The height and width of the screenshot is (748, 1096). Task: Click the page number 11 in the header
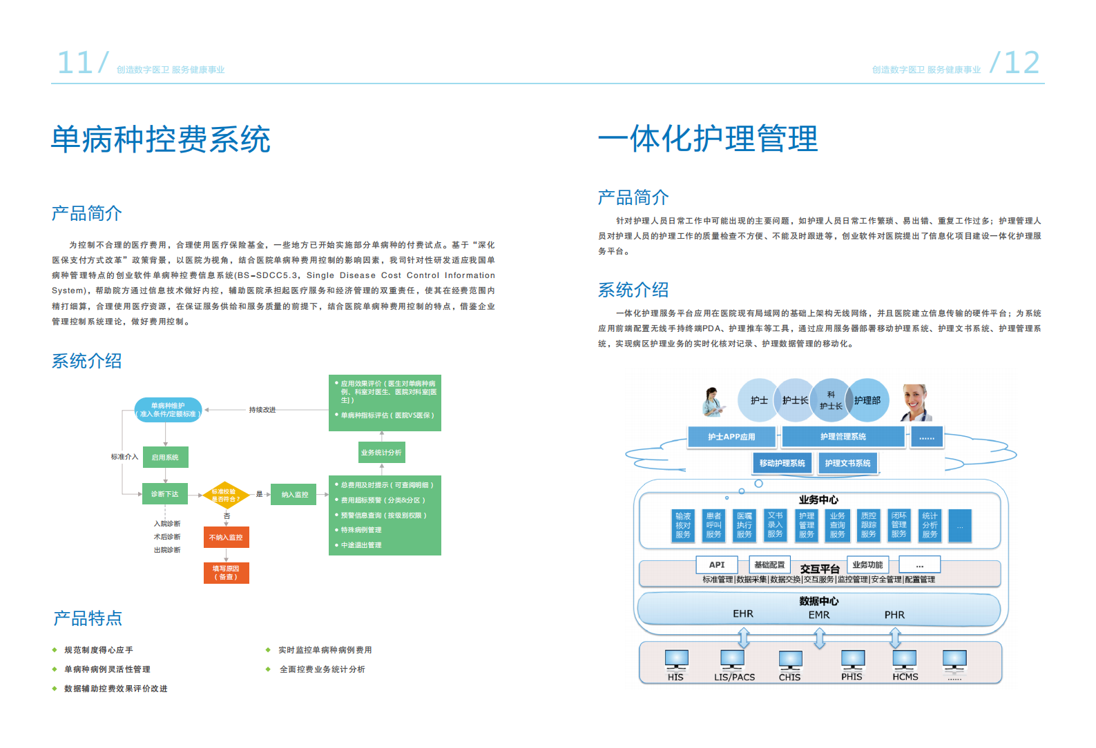tap(75, 63)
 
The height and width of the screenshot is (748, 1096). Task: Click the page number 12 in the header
tap(1021, 63)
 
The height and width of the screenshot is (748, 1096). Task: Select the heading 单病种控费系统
tap(161, 139)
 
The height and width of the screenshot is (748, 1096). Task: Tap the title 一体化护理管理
tap(708, 139)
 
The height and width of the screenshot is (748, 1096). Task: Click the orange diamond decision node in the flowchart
tap(225, 495)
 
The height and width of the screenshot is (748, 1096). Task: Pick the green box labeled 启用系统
tap(165, 457)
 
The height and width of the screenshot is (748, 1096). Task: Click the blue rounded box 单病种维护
tap(168, 410)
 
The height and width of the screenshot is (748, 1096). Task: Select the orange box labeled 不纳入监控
tap(226, 537)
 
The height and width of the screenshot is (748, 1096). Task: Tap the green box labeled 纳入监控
tap(295, 494)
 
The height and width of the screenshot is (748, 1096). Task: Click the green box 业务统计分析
tap(381, 453)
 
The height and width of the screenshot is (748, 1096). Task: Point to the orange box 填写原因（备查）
tap(226, 573)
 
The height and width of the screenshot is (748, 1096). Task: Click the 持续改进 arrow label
tap(262, 410)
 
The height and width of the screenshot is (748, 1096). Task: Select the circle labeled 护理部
tap(867, 400)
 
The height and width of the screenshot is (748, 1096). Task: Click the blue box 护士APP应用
tap(731, 437)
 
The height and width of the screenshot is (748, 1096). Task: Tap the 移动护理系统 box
tap(782, 463)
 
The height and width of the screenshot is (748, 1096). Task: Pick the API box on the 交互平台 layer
tap(717, 564)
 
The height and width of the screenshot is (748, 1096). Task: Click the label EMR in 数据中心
tap(819, 614)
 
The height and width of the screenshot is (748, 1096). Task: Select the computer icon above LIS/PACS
tap(732, 660)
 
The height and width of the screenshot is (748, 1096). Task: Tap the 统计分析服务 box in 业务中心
tap(930, 525)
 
